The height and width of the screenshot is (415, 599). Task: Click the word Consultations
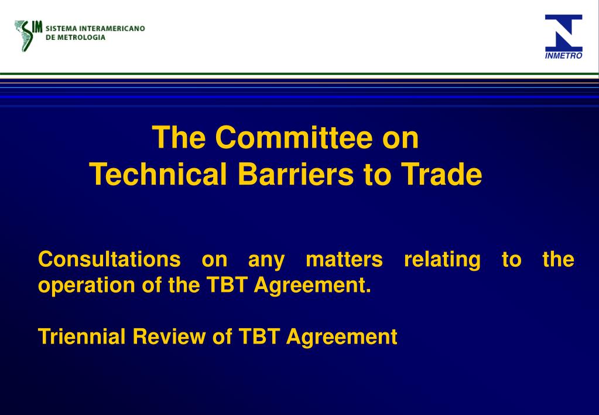[x=109, y=259]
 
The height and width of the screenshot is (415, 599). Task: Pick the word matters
[x=344, y=259]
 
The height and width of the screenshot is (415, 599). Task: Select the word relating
[x=442, y=259]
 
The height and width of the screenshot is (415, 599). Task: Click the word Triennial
[x=82, y=336]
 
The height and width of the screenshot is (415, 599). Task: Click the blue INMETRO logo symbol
[x=564, y=33]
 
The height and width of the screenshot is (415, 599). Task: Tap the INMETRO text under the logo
[x=564, y=56]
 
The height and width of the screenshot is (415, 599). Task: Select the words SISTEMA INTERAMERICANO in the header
[x=95, y=28]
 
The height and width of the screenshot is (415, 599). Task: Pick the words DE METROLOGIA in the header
[x=76, y=37]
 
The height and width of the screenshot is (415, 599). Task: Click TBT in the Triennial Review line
[x=259, y=336]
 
